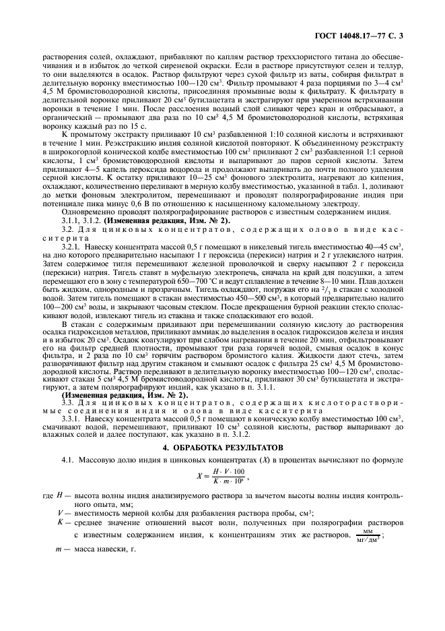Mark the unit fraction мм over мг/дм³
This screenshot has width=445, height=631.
[x=368, y=535]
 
